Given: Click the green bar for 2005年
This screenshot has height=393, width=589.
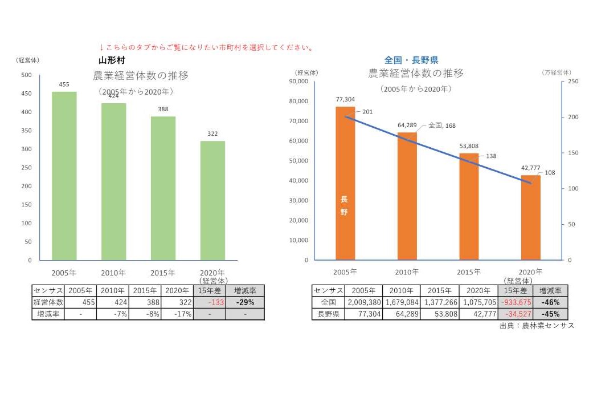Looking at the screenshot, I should click(64, 176).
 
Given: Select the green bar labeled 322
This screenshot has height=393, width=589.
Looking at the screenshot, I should click(212, 200).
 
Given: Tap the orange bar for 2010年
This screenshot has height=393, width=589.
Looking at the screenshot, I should click(407, 196).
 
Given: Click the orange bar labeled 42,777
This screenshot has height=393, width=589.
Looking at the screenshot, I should click(531, 217).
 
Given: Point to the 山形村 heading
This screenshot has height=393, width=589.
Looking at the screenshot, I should click(112, 60).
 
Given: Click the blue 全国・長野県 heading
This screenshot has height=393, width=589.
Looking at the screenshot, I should click(411, 60).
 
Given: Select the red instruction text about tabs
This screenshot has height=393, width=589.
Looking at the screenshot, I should click(207, 47).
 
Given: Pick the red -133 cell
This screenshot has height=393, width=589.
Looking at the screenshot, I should click(210, 302).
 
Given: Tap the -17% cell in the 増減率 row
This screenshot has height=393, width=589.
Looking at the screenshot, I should click(177, 314).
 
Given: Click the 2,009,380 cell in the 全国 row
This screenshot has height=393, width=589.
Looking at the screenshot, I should click(362, 302).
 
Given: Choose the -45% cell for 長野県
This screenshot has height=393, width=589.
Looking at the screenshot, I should click(550, 314).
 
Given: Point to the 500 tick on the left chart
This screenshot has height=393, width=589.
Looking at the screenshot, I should click(26, 75).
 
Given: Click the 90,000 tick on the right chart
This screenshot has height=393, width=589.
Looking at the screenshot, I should click(299, 82).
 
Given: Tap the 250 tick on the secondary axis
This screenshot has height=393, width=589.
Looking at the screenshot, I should click(574, 82).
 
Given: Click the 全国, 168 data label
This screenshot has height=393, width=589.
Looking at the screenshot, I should click(442, 125).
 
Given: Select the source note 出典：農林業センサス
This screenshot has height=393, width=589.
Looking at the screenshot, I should click(537, 326).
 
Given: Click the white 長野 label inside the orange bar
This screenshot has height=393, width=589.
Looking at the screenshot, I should click(344, 205).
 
